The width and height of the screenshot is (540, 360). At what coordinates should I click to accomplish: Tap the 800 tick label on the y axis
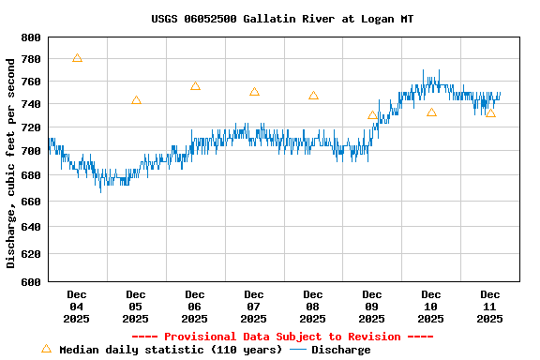pyautogui.click(x=31, y=38)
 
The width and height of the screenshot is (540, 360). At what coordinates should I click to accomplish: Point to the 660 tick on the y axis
pyautogui.click(x=31, y=201)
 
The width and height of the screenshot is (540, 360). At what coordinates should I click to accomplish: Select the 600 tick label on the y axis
pyautogui.click(x=31, y=281)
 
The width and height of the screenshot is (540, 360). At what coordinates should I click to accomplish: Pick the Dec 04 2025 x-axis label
pyautogui.click(x=77, y=307)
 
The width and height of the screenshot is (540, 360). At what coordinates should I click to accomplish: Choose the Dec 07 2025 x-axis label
pyautogui.click(x=254, y=307)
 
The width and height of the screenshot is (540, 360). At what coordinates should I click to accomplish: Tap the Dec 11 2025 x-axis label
pyautogui.click(x=490, y=307)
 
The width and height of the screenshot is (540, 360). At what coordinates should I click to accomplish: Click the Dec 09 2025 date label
pyautogui.click(x=372, y=307)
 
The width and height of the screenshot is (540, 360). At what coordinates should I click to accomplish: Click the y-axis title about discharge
pyautogui.click(x=11, y=162)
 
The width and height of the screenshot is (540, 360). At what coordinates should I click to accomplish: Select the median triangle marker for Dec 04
pyautogui.click(x=77, y=58)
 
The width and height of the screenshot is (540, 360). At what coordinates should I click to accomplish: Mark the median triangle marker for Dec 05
pyautogui.click(x=136, y=100)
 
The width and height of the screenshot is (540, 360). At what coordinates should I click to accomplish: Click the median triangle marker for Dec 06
pyautogui.click(x=195, y=86)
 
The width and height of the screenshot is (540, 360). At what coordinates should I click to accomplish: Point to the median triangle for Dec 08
pyautogui.click(x=313, y=96)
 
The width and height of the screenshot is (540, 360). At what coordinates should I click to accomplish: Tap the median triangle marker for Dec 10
pyautogui.click(x=431, y=112)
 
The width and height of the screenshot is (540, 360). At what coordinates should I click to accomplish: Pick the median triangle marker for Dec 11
pyautogui.click(x=490, y=113)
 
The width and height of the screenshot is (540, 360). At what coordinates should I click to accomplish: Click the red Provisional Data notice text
pyautogui.click(x=282, y=337)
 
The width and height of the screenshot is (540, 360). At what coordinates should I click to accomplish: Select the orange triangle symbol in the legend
pyautogui.click(x=46, y=349)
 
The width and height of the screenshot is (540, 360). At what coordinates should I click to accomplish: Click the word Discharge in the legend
pyautogui.click(x=340, y=350)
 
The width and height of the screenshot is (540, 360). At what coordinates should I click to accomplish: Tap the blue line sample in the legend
pyautogui.click(x=298, y=350)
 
